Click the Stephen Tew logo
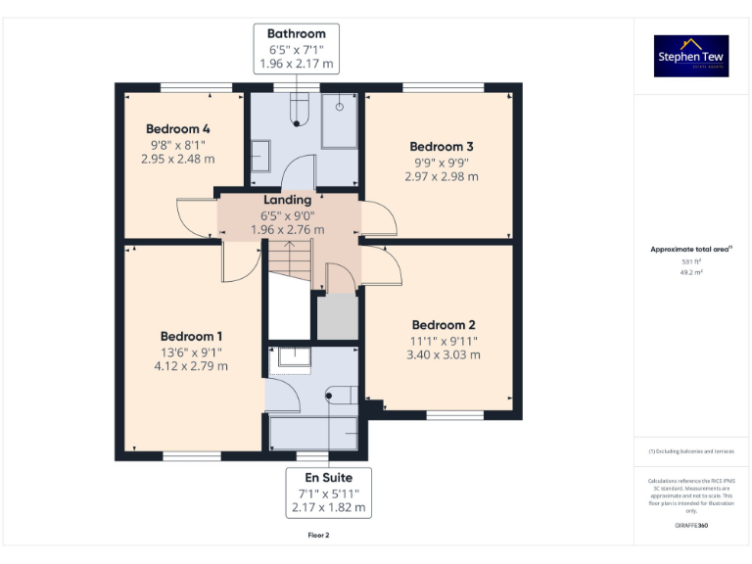691,57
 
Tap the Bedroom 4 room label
177,128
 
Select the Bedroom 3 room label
441,147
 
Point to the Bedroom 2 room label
444,325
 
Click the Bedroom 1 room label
191,337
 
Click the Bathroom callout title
297,34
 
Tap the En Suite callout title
327,478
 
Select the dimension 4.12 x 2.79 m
191,366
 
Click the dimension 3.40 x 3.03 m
444,354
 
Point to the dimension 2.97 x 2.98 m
441,176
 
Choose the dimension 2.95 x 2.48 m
177,158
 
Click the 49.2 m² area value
691,273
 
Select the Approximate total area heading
690,250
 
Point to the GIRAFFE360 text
691,526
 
